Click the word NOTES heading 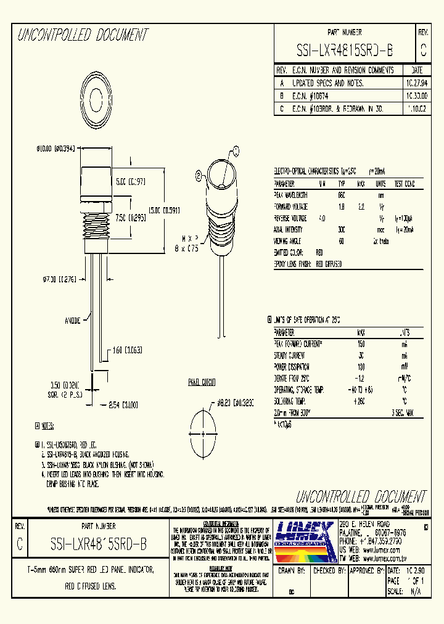pos(47,425)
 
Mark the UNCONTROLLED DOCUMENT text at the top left pos(83,35)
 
